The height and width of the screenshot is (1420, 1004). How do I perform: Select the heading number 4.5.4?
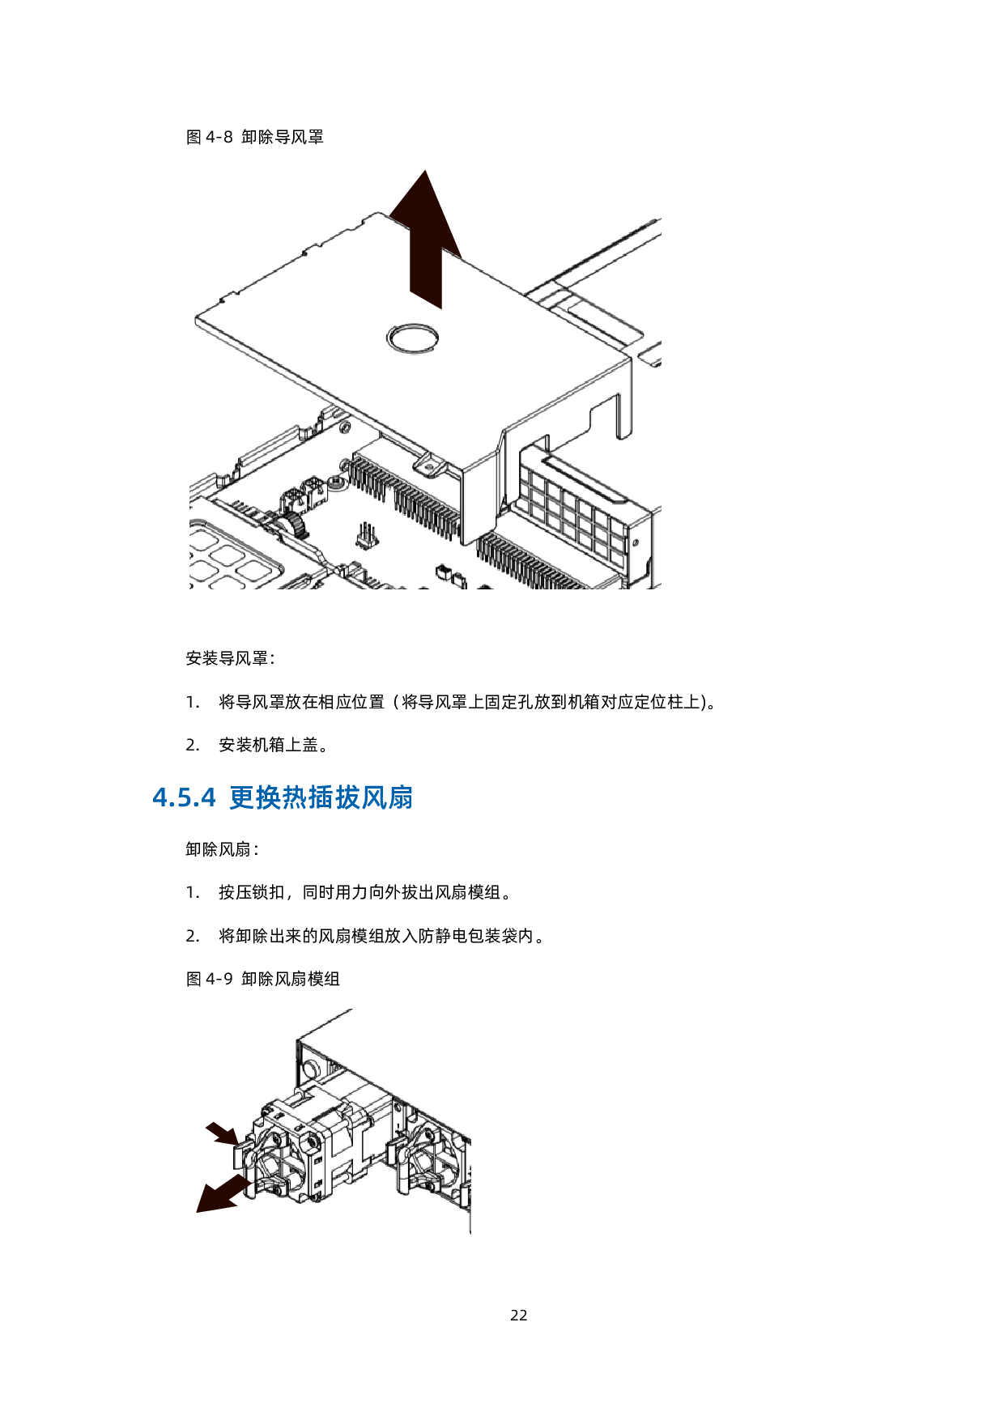click(185, 797)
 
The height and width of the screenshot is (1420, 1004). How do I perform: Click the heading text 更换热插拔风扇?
click(321, 797)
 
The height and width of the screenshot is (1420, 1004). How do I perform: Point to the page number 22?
click(519, 1316)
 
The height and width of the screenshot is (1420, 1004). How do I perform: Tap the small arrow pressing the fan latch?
click(221, 1133)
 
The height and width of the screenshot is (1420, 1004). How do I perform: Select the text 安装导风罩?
click(230, 658)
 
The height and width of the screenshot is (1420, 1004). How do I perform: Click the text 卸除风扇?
click(222, 849)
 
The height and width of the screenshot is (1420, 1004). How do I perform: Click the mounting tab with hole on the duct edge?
click(428, 465)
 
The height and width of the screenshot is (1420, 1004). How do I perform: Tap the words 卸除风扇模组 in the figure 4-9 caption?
click(291, 979)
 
